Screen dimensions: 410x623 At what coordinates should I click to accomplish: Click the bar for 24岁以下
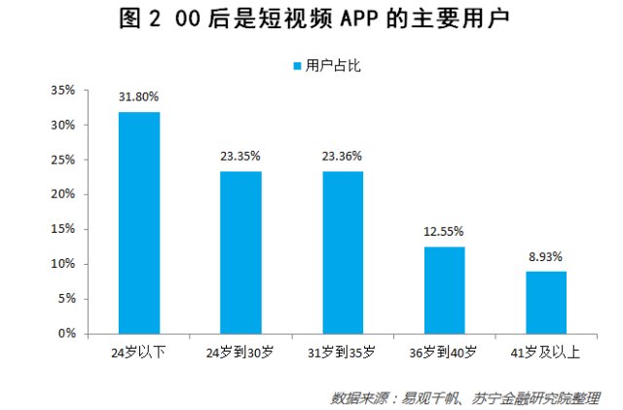[139, 223]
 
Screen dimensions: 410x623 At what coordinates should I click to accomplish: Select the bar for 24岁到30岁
[240, 252]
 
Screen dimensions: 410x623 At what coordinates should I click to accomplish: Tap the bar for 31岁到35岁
[342, 252]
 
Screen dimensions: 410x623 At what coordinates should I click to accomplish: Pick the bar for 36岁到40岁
[444, 290]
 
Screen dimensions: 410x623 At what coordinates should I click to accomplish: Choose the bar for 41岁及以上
[545, 303]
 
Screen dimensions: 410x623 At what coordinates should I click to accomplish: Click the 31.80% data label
[139, 96]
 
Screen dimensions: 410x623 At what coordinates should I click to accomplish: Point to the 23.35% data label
[240, 155]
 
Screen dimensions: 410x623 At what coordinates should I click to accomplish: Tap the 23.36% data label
[343, 155]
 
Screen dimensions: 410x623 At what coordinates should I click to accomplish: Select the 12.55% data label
[444, 231]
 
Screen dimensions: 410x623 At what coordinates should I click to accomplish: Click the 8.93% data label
[545, 256]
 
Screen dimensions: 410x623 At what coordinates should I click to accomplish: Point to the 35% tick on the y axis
[62, 91]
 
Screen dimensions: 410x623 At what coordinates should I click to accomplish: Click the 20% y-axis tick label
[62, 195]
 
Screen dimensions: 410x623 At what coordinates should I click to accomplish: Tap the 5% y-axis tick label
[66, 299]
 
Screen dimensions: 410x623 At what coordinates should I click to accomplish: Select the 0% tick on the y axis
[66, 333]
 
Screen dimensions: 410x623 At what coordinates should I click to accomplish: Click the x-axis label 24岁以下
[138, 352]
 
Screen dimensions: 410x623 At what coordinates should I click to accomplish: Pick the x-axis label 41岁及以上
[545, 352]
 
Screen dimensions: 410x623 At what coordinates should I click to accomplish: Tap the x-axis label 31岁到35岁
[342, 352]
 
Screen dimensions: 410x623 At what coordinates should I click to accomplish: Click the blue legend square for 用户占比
[297, 66]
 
